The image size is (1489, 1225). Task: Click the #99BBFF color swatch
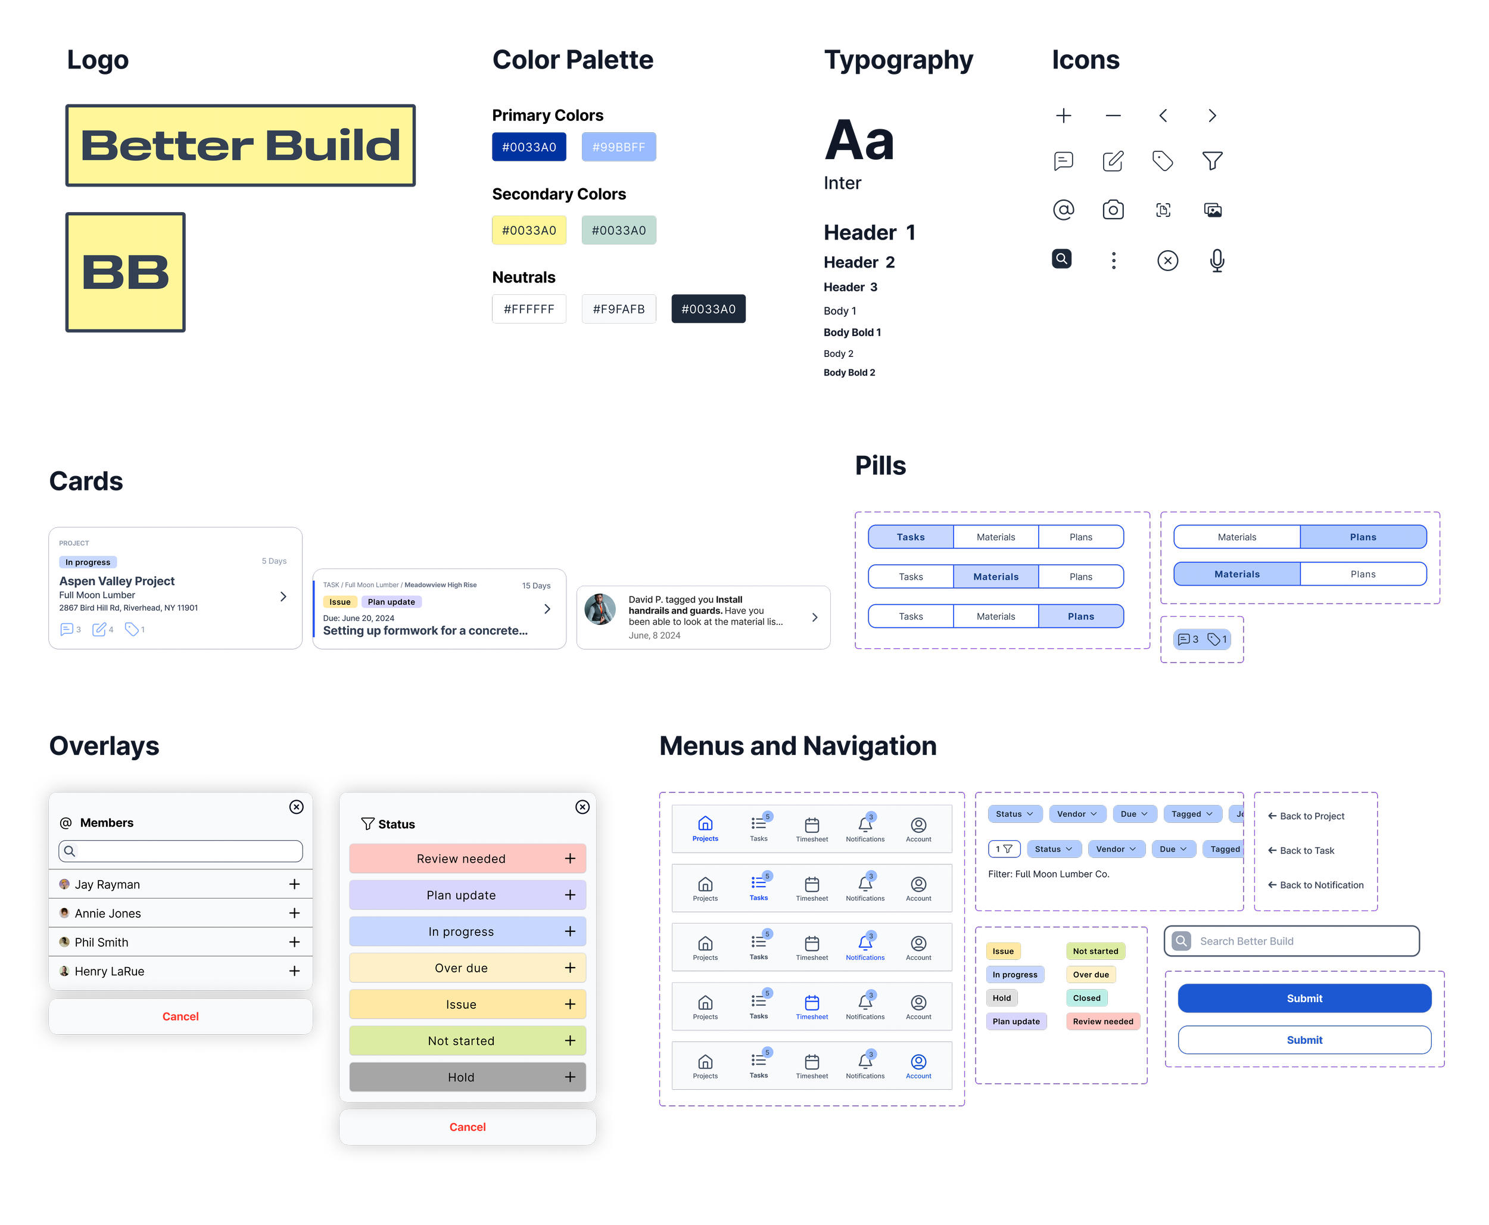(619, 147)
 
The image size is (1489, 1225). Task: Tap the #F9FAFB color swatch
(619, 309)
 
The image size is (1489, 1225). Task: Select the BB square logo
(126, 272)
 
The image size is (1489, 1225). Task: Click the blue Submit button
(1304, 998)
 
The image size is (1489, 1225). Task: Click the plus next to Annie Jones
(294, 913)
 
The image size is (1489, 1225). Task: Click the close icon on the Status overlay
(582, 807)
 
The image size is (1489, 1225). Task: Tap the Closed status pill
(1086, 998)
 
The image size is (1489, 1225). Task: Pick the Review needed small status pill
(1102, 1021)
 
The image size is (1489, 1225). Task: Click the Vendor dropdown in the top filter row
(1076, 814)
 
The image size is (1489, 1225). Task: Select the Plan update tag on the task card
(391, 602)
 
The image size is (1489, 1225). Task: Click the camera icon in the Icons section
(1113, 210)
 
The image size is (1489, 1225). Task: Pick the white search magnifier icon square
(1061, 259)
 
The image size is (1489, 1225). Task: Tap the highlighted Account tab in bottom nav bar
(918, 1065)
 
